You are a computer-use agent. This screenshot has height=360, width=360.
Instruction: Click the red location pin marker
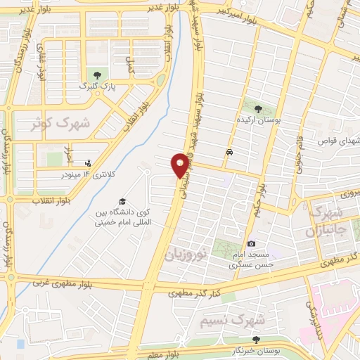pyautogui.click(x=180, y=165)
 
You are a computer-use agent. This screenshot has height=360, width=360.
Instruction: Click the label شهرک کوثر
pyautogui.click(x=61, y=124)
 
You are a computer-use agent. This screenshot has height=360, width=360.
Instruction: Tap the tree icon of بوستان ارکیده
pyautogui.click(x=258, y=110)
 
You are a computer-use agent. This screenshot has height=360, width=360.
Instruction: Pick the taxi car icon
pyautogui.click(x=230, y=152)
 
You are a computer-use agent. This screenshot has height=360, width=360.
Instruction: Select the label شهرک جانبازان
pyautogui.click(x=327, y=221)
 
